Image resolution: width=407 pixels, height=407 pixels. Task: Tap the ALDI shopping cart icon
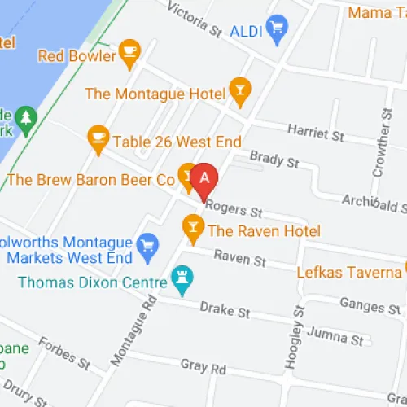pyautogui.click(x=278, y=30)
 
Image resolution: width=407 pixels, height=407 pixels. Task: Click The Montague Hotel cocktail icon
pyautogui.click(x=239, y=92)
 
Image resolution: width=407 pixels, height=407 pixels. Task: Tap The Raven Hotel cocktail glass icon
pyautogui.click(x=193, y=226)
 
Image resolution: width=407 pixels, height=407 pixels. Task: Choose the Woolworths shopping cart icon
pyautogui.click(x=147, y=244)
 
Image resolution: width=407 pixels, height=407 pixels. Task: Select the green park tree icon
pyautogui.click(x=26, y=120)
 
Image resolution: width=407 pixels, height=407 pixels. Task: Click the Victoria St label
pyautogui.click(x=194, y=20)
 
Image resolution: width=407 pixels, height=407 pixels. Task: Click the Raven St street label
pyautogui.click(x=239, y=258)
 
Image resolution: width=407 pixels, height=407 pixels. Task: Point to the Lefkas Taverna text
pyautogui.click(x=348, y=272)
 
